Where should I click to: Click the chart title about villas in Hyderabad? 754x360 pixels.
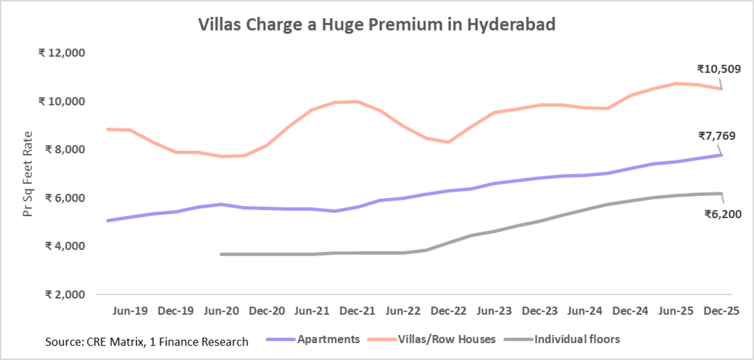(x=377, y=25)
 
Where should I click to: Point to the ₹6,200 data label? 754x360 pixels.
(x=723, y=214)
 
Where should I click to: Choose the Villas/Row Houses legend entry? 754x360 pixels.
(x=447, y=339)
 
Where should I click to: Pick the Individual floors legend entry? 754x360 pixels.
(x=577, y=339)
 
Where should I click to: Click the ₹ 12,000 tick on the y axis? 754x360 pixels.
(x=62, y=53)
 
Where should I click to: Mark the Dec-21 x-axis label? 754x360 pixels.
(x=358, y=310)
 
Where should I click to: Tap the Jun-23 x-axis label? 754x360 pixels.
(x=494, y=310)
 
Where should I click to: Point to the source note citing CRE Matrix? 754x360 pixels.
(x=146, y=342)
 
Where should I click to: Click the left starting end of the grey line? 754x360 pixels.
(x=222, y=254)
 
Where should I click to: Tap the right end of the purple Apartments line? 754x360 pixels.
(x=721, y=155)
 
